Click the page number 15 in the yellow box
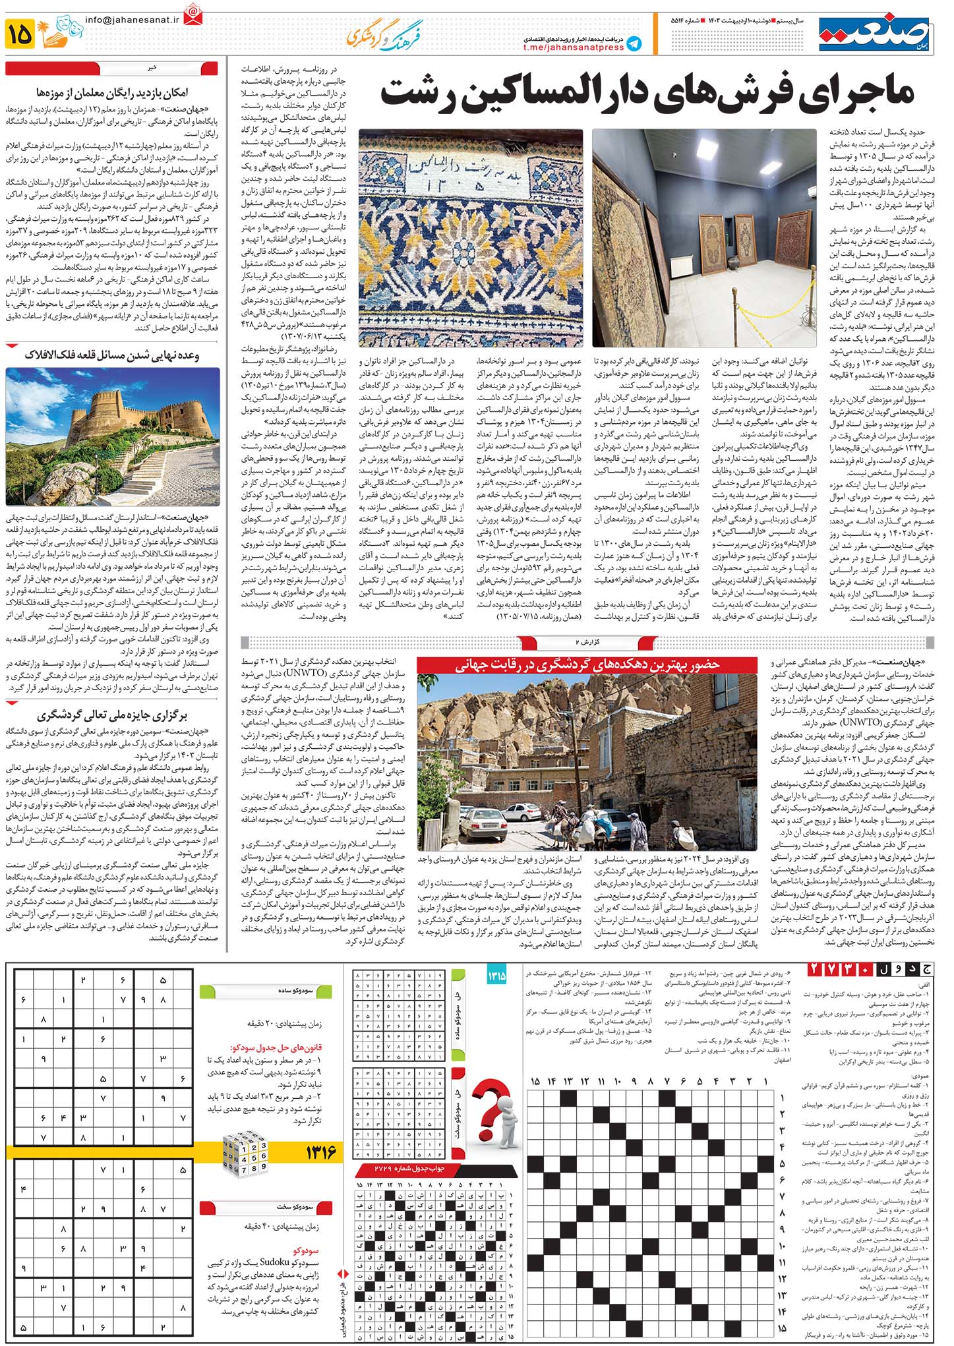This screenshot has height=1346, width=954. click(x=20, y=34)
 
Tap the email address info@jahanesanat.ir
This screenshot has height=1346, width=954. click(x=132, y=20)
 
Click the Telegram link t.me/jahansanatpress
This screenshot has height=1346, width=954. click(x=573, y=47)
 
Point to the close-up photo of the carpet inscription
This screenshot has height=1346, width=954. click(x=470, y=237)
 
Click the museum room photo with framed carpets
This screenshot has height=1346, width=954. click(x=704, y=237)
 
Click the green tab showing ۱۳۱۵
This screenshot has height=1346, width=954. click(x=496, y=976)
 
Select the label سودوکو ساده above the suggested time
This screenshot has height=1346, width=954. click(x=295, y=991)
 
